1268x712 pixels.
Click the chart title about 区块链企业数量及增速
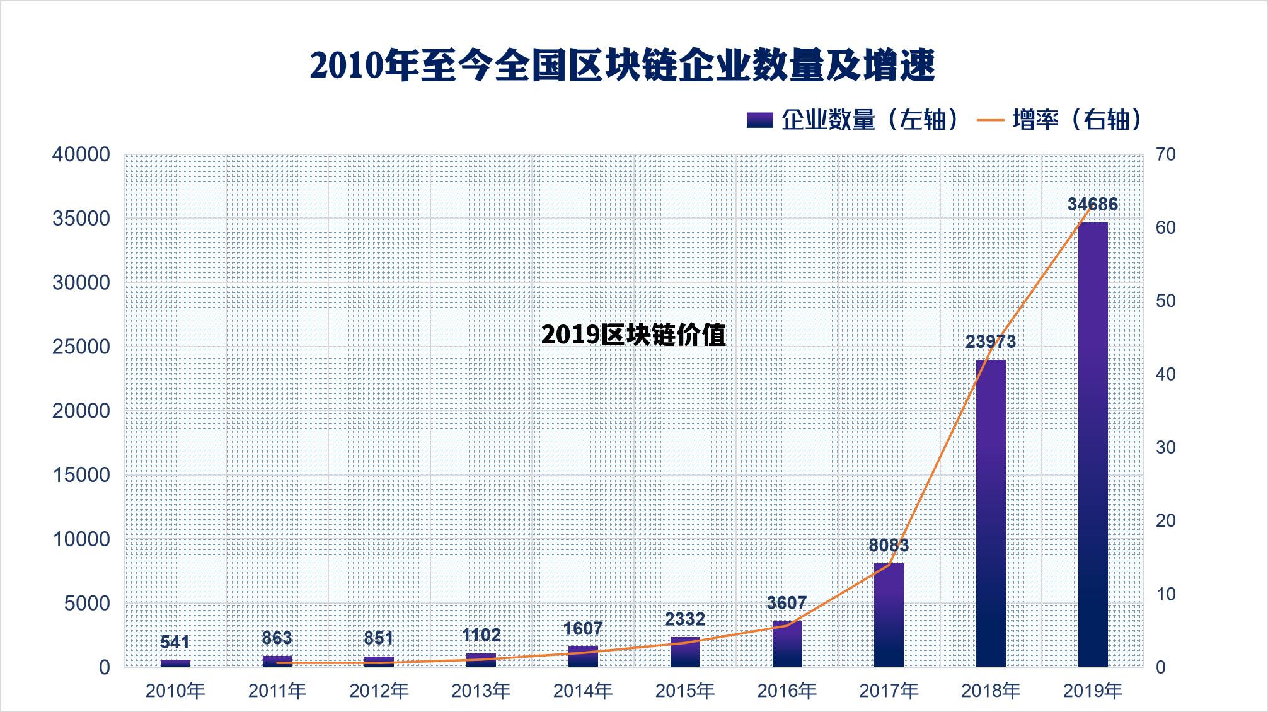(x=622, y=66)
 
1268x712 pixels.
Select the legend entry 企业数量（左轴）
(x=854, y=119)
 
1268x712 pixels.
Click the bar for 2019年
(x=1092, y=444)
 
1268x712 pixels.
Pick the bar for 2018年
(x=991, y=513)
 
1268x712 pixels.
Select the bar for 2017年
(x=889, y=614)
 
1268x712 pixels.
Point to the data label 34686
(x=1092, y=204)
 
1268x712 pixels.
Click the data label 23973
(x=991, y=342)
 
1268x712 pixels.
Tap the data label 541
(x=175, y=642)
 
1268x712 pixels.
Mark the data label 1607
(x=582, y=628)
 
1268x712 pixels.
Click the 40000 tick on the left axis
(x=81, y=155)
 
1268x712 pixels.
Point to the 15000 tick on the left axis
(x=81, y=475)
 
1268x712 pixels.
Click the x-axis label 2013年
(x=481, y=691)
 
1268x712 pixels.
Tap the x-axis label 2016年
(x=787, y=691)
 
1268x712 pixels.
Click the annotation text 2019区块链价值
(x=633, y=335)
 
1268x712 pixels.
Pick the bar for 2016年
(x=787, y=644)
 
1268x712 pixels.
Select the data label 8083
(x=889, y=545)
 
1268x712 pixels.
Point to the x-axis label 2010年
(x=175, y=691)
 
